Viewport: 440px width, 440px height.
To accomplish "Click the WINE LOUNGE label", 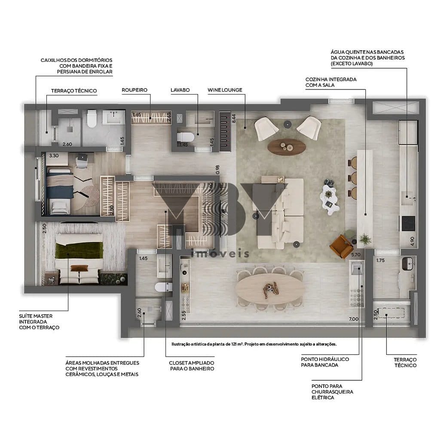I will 225,90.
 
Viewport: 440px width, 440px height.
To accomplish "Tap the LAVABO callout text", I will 180,90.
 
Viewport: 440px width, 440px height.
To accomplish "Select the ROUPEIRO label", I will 134,90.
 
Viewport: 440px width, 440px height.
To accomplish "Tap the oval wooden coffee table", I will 286,147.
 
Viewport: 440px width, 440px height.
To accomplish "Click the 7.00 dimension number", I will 353,319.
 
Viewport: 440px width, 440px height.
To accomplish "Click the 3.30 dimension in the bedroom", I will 54,156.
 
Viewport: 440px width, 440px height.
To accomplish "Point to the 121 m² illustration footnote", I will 254,344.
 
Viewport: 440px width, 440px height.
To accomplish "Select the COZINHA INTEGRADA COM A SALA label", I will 331,82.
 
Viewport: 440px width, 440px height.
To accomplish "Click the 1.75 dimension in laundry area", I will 380,260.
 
